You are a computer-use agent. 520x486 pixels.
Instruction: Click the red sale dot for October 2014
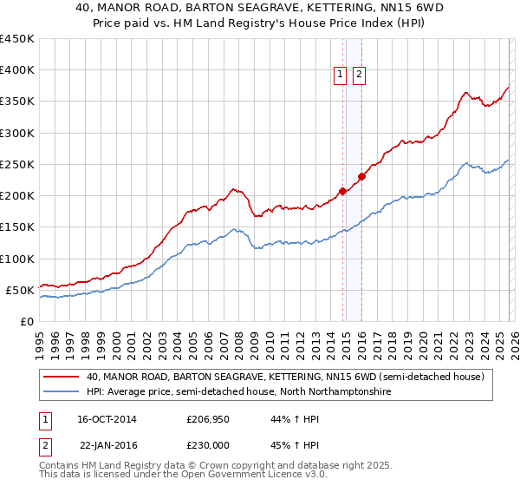pos(342,191)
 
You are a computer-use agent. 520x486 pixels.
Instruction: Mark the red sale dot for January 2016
pos(362,177)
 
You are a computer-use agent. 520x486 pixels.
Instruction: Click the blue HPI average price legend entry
pos(238,392)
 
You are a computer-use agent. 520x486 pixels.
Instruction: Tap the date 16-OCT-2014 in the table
pos(107,419)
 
